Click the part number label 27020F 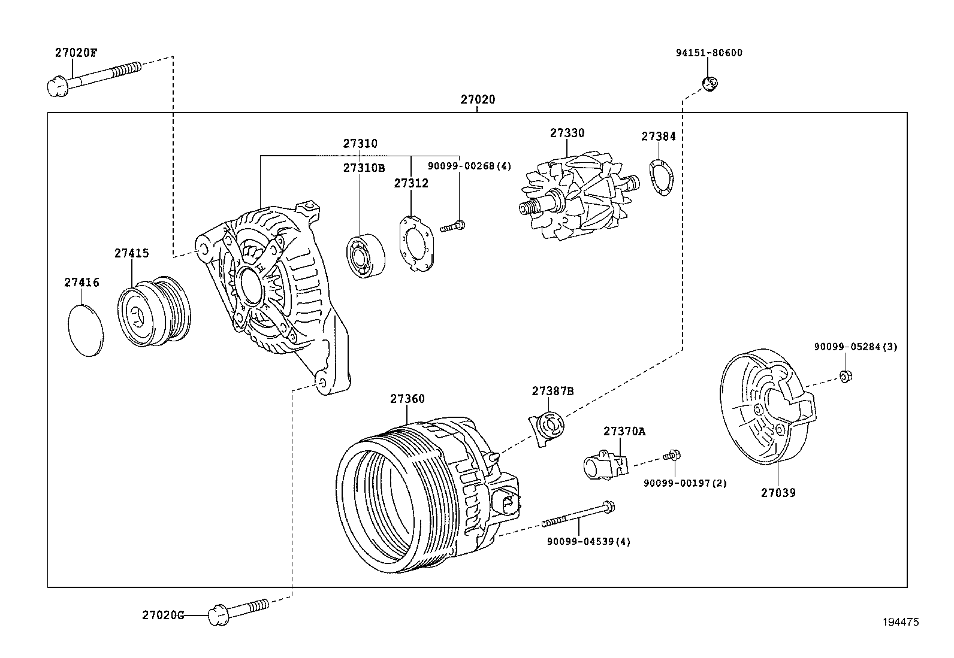(76, 52)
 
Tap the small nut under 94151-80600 (710, 83)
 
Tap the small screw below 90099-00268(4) (453, 226)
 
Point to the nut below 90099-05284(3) (846, 376)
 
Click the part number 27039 (778, 493)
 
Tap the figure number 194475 (900, 622)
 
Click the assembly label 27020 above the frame (478, 99)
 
